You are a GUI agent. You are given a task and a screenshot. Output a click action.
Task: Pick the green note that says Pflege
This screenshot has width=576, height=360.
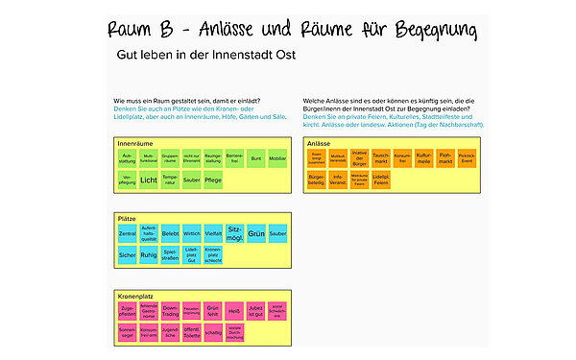213,180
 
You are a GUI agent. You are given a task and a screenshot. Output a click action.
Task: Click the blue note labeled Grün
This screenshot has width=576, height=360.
255,233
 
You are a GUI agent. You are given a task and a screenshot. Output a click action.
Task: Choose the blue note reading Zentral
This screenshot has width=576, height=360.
127,233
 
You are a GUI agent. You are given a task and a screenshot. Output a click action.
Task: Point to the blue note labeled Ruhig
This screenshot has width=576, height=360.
149,255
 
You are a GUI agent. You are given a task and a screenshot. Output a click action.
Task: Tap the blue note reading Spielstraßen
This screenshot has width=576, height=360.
170,255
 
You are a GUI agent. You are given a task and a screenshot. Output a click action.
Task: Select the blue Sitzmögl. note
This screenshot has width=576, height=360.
234,233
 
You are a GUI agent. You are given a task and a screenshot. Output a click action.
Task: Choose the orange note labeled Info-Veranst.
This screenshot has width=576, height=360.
338,179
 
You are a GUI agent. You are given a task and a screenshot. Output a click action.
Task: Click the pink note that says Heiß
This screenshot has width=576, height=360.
234,310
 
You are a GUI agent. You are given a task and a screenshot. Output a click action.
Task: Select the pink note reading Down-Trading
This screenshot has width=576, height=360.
170,310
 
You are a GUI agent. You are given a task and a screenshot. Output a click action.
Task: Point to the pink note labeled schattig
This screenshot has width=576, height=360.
213,331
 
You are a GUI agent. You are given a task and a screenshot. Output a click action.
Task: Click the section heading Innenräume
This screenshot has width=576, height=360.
136,141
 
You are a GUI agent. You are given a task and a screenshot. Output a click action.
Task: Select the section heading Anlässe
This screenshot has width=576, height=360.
321,141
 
